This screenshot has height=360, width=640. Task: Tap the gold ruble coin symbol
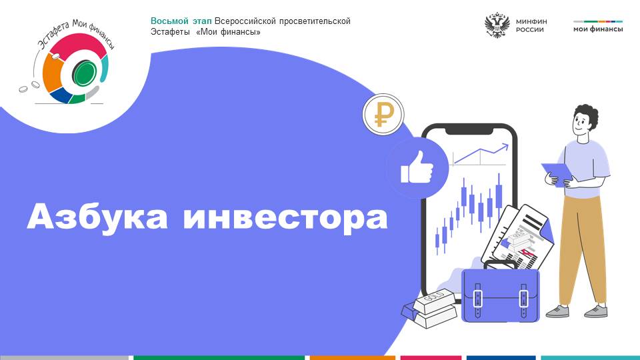(x=383, y=114)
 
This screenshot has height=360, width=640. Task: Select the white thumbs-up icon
(x=417, y=167)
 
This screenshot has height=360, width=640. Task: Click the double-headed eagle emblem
(x=497, y=25)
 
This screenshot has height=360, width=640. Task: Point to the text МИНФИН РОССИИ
(x=531, y=25)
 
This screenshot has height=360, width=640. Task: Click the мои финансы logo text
(x=598, y=29)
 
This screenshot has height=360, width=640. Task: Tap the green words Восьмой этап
(x=181, y=21)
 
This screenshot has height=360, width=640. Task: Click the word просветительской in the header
(x=315, y=21)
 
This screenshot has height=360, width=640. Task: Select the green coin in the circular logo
(x=85, y=73)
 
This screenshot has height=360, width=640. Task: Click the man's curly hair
(x=587, y=113)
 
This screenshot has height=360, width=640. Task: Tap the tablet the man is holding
(x=557, y=174)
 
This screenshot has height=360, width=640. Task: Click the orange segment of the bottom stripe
(x=353, y=358)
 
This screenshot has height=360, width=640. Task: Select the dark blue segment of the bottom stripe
(x=501, y=358)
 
